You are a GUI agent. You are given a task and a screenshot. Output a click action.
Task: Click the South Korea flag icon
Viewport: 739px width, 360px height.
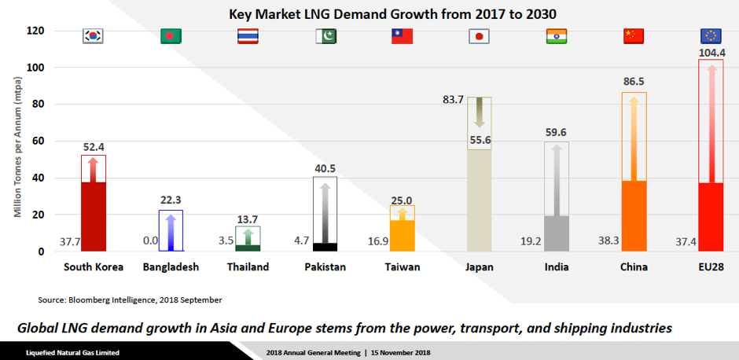coord(94,36)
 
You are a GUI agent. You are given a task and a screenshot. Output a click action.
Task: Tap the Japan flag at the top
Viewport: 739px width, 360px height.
coord(479,36)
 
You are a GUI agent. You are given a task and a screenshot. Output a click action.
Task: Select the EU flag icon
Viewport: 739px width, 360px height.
coord(711,35)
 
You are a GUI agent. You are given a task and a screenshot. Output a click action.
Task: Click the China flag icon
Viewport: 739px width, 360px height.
coord(633,36)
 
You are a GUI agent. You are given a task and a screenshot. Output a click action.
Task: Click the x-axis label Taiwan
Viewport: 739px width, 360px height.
coord(402,267)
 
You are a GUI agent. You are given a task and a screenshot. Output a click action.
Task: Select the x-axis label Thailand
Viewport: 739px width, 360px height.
coord(248,267)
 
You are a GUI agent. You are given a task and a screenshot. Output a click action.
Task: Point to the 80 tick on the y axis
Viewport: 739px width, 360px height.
coord(37,105)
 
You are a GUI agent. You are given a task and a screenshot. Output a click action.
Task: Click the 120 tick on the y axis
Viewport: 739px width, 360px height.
coord(34,31)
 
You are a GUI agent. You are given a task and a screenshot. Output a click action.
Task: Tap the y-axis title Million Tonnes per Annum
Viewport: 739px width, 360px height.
coord(17,141)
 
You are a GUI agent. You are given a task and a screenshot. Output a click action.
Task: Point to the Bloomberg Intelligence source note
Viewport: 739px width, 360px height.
coord(130,299)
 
